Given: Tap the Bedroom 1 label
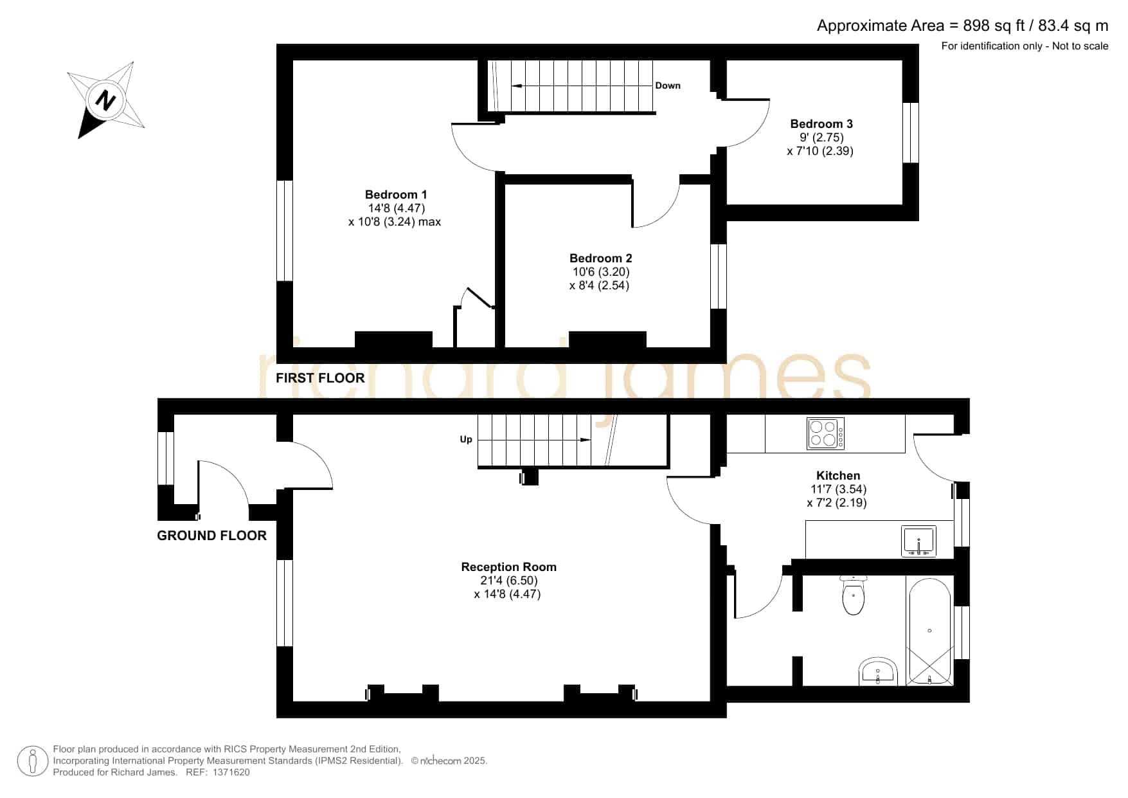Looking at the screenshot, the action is (396, 194).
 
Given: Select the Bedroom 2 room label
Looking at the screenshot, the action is (600, 258).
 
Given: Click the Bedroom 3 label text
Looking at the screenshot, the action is (821, 123).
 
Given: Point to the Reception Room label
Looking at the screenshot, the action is (508, 567).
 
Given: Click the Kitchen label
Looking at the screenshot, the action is (837, 475).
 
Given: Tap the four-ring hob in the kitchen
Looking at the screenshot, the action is (825, 433).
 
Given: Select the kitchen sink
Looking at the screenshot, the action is (918, 541).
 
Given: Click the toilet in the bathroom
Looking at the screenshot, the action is (853, 595).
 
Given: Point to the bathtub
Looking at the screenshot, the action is (929, 631).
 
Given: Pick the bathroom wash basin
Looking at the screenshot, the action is (877, 671).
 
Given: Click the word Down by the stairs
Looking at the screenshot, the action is (668, 86).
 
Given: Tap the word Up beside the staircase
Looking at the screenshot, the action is (466, 439).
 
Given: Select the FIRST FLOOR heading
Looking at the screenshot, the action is (320, 377).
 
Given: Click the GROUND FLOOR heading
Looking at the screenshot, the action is (211, 535).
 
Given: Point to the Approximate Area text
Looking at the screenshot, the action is (962, 25).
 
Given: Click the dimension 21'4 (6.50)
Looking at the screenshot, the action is (508, 580).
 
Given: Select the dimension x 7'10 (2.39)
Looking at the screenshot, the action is (820, 151).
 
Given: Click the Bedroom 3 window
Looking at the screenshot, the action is (910, 132).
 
